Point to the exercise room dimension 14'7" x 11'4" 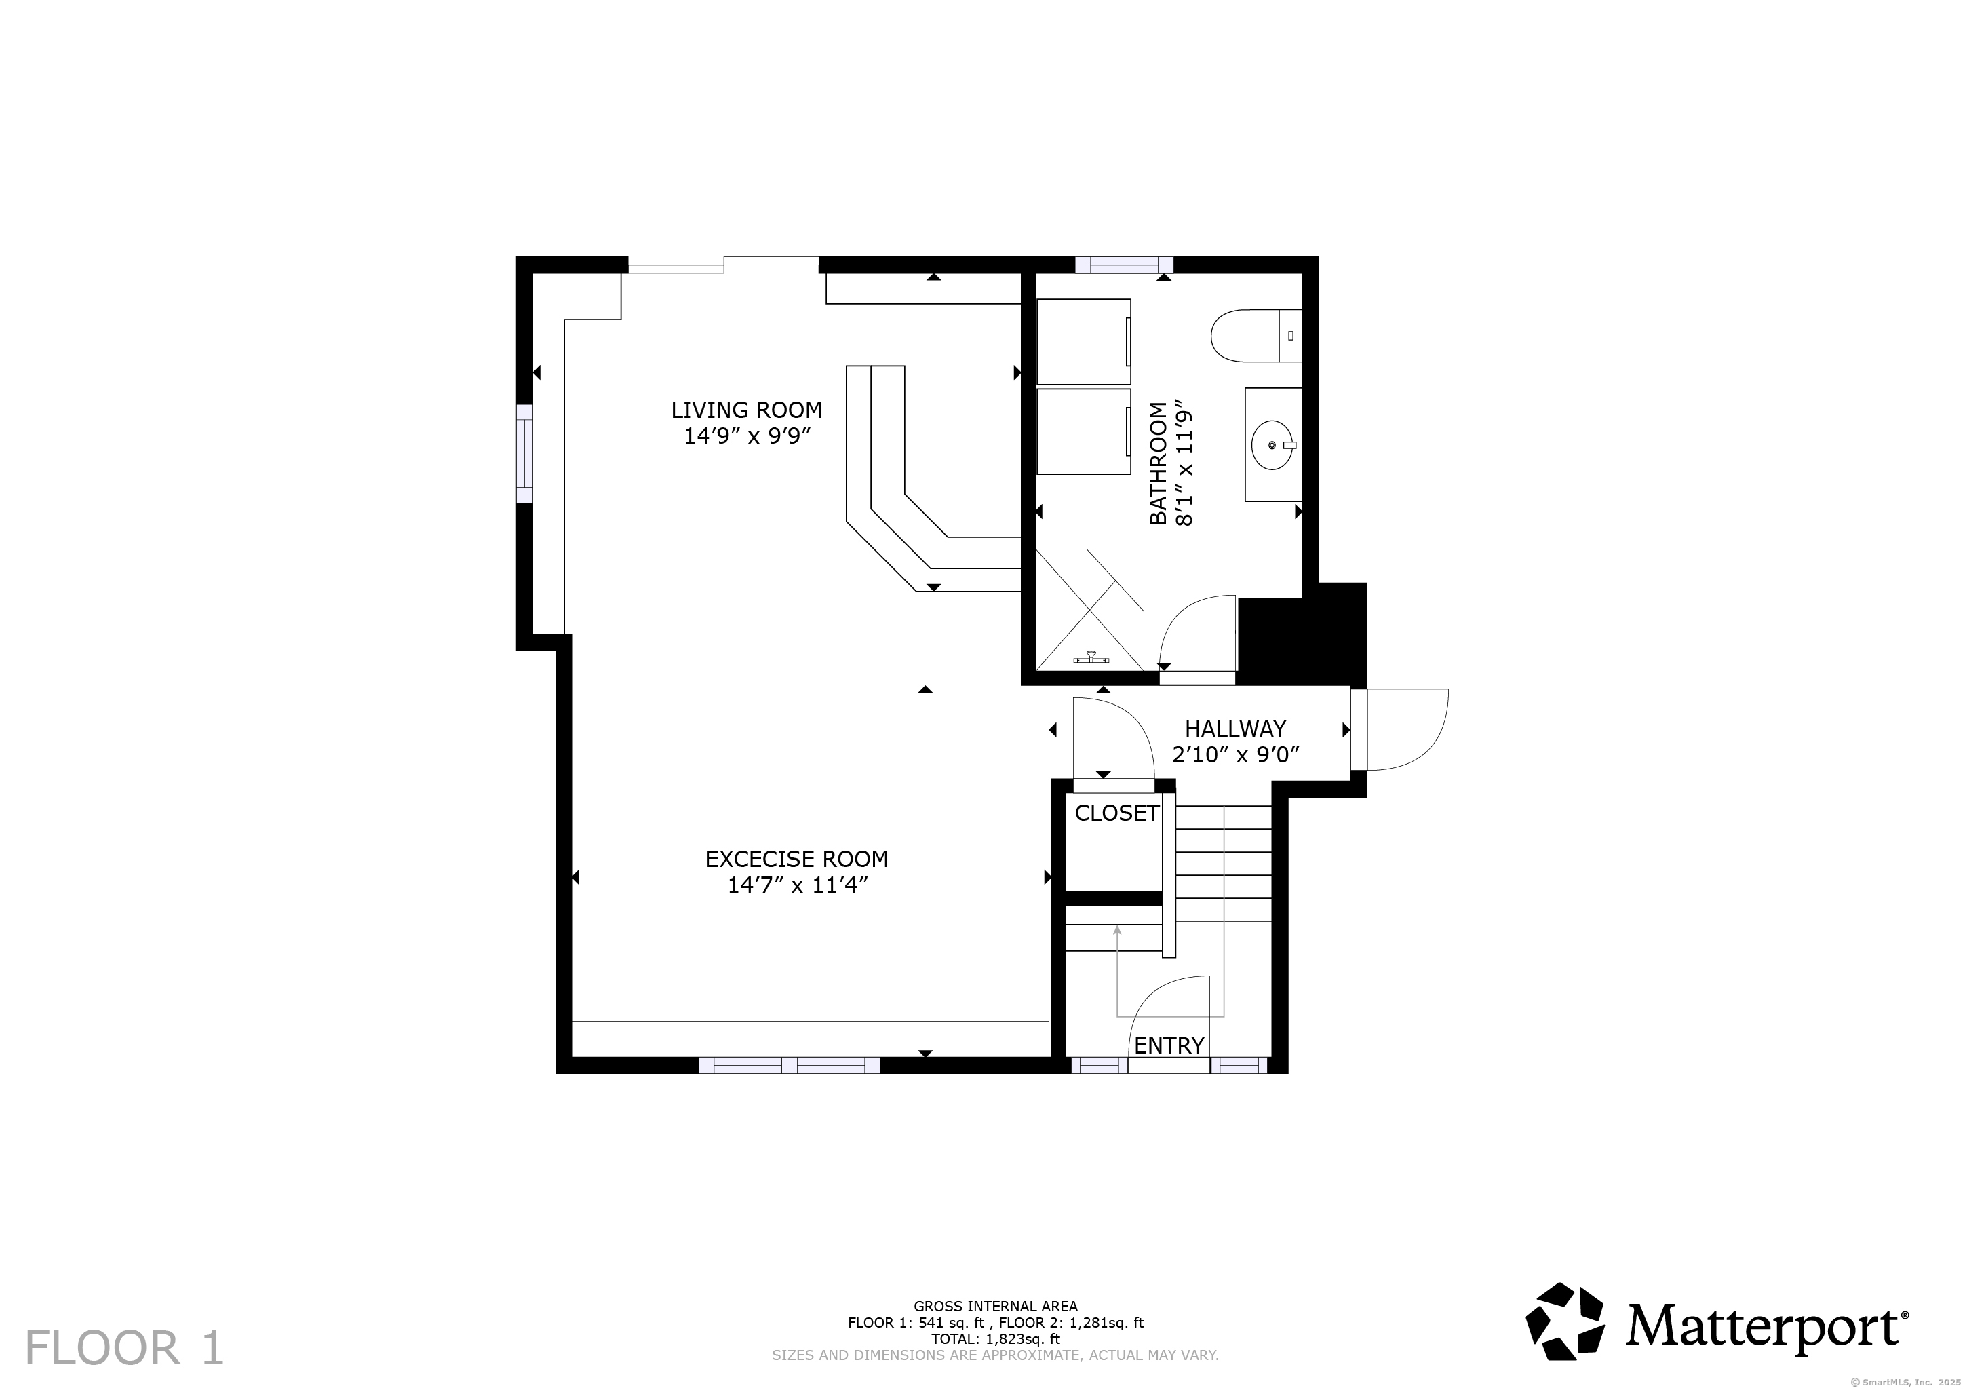[x=798, y=884]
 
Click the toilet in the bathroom [x=1256, y=336]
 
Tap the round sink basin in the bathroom [x=1272, y=445]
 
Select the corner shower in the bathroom [x=1089, y=609]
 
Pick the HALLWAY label [x=1235, y=729]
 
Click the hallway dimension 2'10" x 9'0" [x=1236, y=754]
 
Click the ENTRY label [x=1169, y=1045]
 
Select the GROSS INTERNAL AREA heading [x=995, y=1306]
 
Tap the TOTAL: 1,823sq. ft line [x=995, y=1338]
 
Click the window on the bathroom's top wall [x=1124, y=265]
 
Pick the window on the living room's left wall [x=524, y=454]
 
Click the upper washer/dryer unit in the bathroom [x=1083, y=341]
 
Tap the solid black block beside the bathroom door [x=1302, y=634]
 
